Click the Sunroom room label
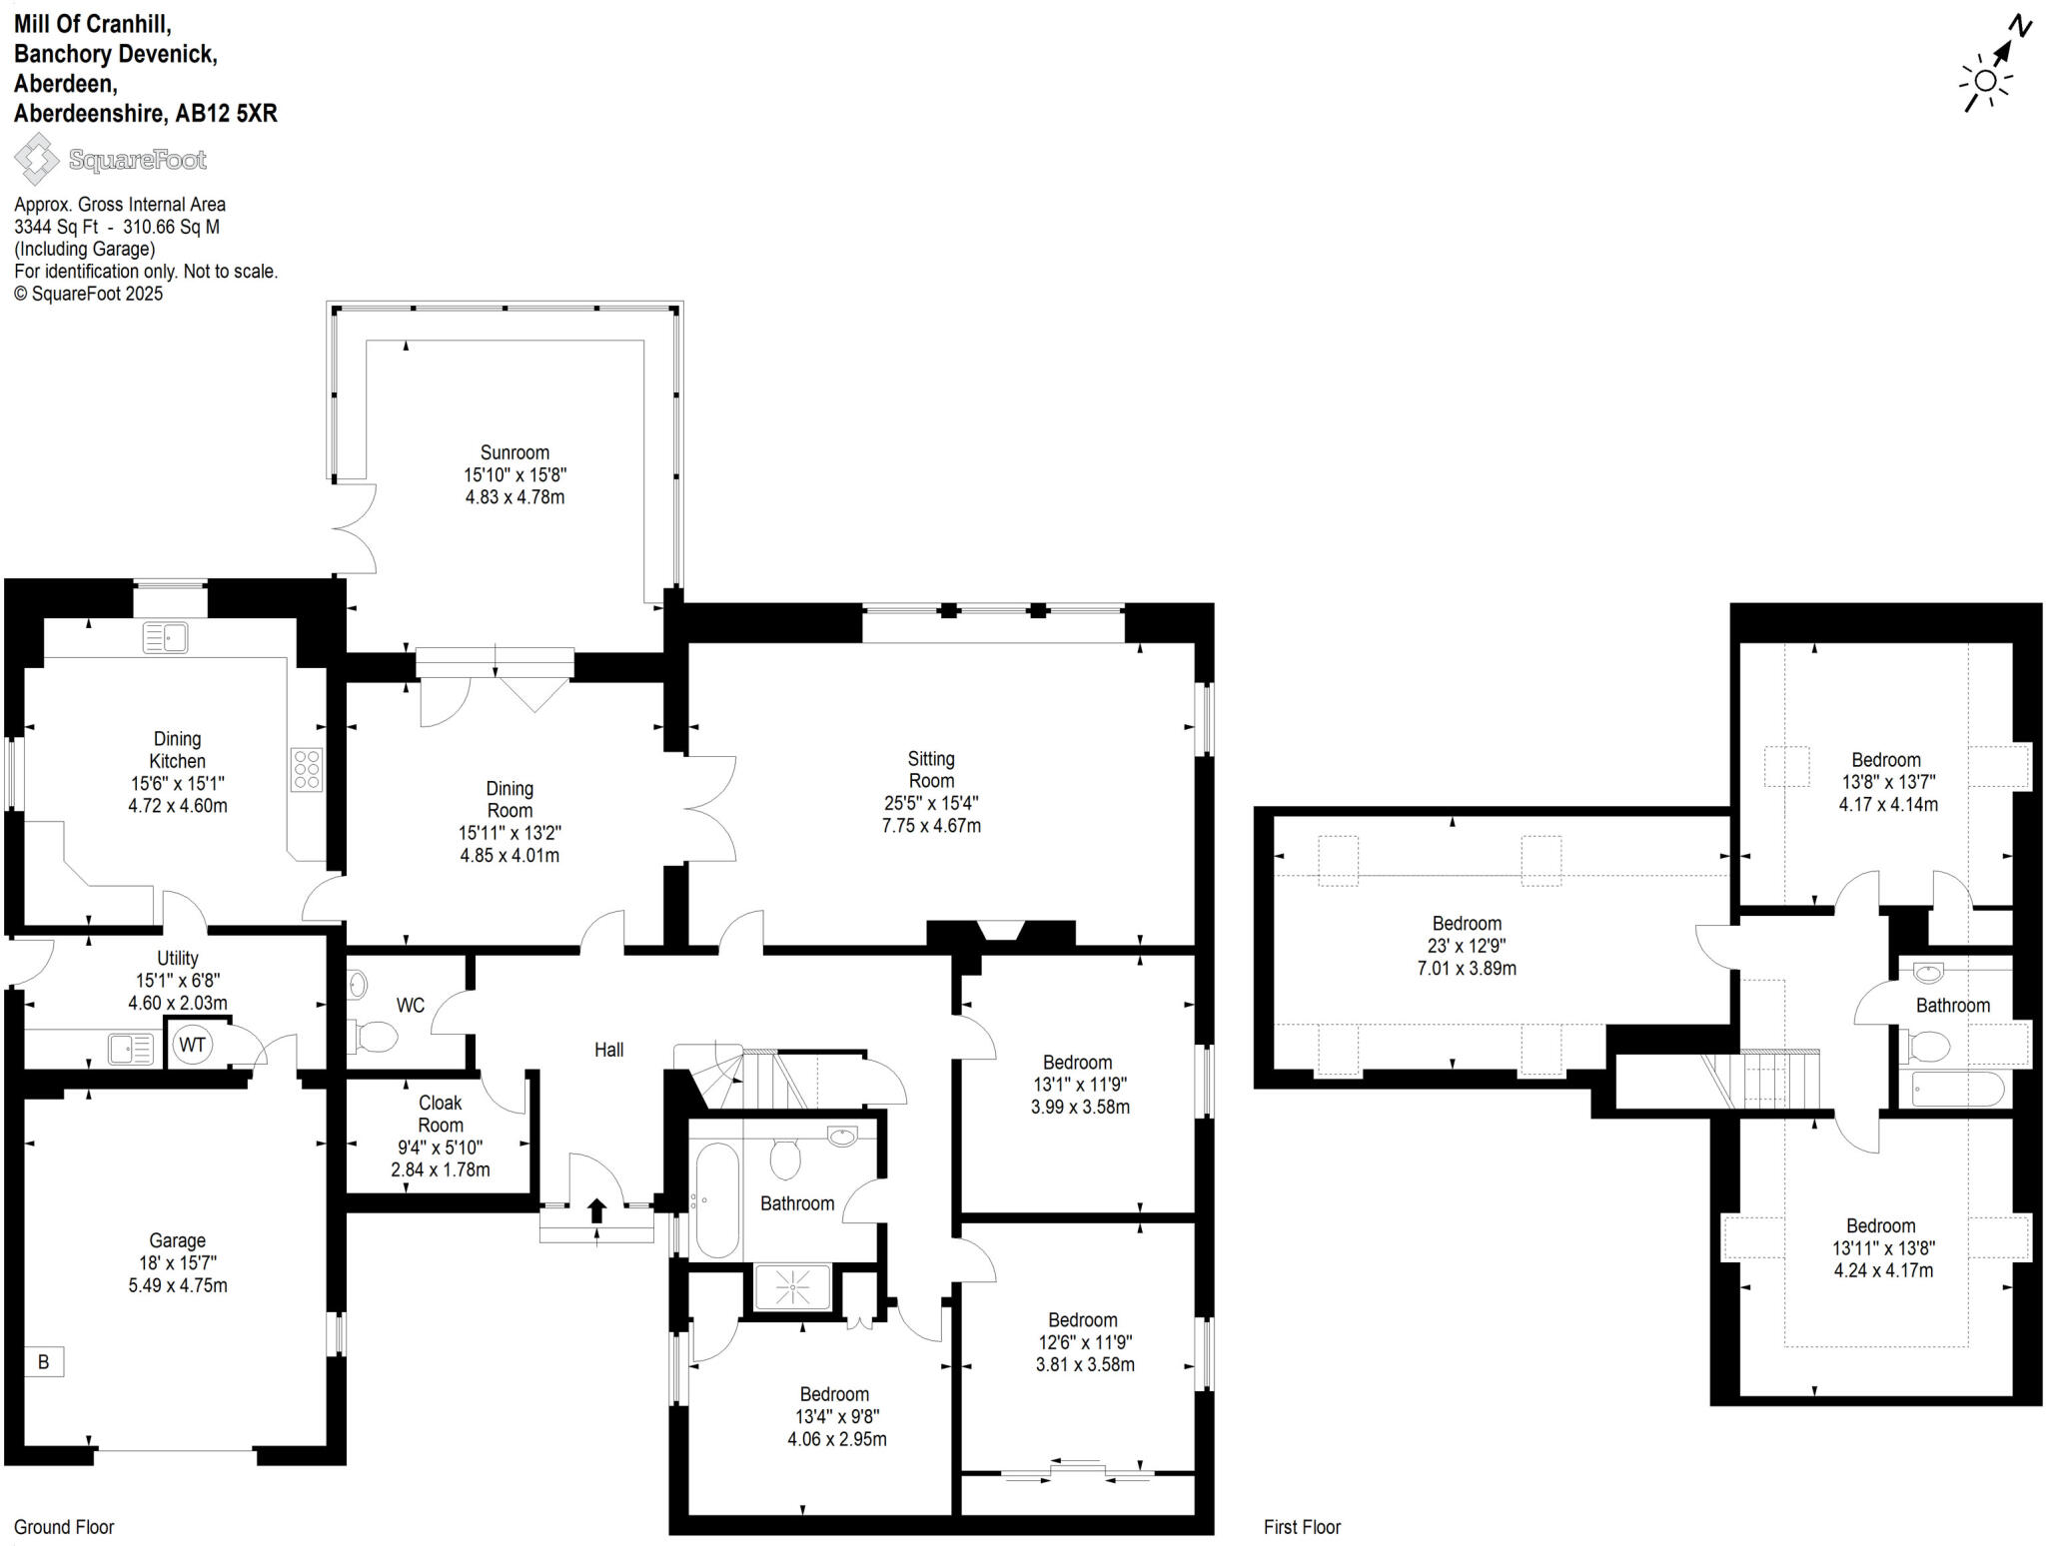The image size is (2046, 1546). coord(514,452)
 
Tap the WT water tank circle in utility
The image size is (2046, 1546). coord(192,1045)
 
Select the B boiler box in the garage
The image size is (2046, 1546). coord(44,1362)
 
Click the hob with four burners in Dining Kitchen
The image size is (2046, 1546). coord(307,769)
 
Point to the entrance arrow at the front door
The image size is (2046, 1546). coord(596,1210)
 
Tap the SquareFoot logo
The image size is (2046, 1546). coord(110,160)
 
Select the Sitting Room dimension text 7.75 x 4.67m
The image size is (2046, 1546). coord(931,826)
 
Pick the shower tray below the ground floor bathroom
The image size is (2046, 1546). coord(792,1287)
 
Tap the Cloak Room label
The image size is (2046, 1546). coord(440,1114)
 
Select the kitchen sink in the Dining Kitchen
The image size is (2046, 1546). coord(166,637)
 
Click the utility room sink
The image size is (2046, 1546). coord(131,1049)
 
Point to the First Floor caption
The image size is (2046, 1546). coord(1302,1527)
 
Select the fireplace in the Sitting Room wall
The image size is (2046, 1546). coord(1000,931)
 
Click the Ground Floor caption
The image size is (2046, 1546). coord(64,1527)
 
